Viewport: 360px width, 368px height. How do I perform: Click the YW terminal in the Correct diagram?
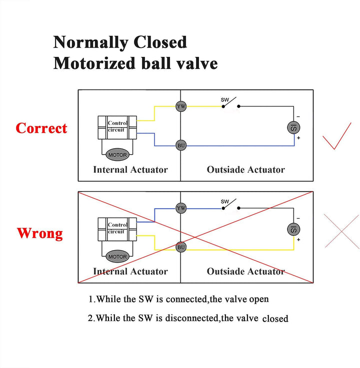[x=181, y=106]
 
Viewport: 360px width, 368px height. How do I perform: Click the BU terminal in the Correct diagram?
[x=181, y=145]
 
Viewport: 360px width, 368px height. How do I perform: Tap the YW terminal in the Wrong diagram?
[x=181, y=208]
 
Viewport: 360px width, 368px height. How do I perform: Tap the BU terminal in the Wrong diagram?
[x=181, y=247]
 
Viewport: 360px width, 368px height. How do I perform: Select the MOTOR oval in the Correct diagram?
[x=117, y=155]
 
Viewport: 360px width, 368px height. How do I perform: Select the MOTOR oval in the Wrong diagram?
[x=117, y=257]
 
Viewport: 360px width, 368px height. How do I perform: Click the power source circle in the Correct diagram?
[x=293, y=128]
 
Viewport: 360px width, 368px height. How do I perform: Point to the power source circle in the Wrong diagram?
[x=293, y=229]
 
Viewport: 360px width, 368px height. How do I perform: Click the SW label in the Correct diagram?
[x=224, y=100]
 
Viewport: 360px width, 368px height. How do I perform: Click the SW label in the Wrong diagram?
[x=224, y=201]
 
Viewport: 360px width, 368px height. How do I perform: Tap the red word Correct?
[x=41, y=128]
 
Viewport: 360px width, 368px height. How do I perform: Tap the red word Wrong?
[x=40, y=233]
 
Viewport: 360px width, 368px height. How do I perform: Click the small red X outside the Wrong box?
[x=341, y=231]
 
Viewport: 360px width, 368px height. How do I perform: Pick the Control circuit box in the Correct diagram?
[x=117, y=127]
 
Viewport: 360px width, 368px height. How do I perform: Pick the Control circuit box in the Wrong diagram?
[x=117, y=229]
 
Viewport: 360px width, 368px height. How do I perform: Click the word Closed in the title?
[x=160, y=42]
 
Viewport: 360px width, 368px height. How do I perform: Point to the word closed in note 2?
[x=275, y=319]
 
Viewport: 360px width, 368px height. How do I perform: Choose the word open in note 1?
[x=259, y=300]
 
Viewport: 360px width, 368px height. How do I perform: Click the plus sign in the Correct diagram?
[x=298, y=138]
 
